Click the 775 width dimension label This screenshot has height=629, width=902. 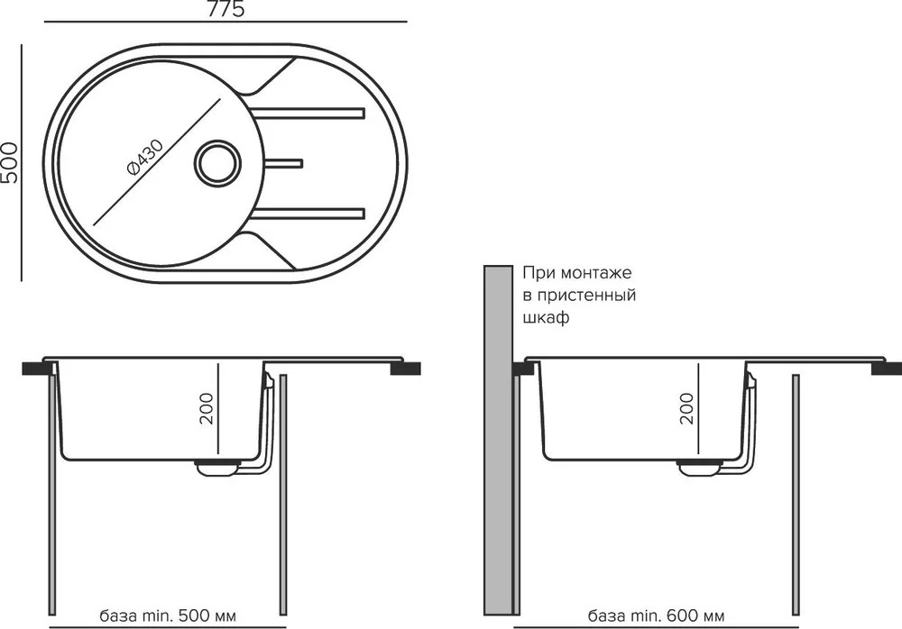point(226,9)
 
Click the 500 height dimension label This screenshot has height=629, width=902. point(10,163)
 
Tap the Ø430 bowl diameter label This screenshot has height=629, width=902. point(144,157)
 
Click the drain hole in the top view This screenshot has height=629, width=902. point(216,162)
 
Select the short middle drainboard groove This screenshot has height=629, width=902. point(283,163)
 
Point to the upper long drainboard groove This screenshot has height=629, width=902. point(308,112)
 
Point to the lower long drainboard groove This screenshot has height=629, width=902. point(308,214)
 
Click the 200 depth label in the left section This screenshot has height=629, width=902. point(206,409)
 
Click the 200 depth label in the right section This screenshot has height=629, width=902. point(686,409)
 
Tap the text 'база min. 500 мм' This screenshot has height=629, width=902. point(168,616)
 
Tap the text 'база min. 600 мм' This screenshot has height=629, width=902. point(656,616)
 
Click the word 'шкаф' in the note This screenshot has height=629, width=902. point(546,317)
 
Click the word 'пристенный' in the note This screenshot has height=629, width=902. point(586,296)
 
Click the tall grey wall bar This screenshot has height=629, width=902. point(498,440)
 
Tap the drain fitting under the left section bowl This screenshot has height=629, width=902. point(217,467)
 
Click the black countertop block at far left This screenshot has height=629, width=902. point(36,369)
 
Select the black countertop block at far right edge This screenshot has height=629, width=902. point(887,369)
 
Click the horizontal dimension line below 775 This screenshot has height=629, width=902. point(225,22)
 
